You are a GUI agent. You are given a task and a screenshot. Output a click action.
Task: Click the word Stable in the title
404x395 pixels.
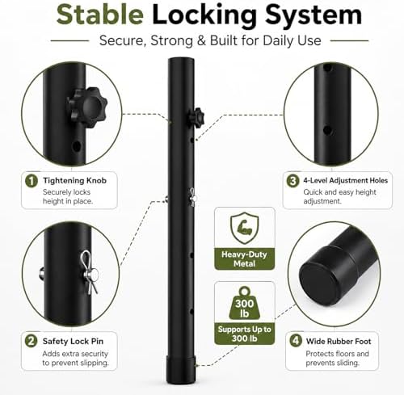pyautogui.click(x=99, y=15)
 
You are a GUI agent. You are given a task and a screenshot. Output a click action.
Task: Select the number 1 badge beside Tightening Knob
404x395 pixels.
pyautogui.click(x=32, y=181)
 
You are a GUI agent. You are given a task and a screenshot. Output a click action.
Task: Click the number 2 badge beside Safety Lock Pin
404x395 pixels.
pyautogui.click(x=32, y=342)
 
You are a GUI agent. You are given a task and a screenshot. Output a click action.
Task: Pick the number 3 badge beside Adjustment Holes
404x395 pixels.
pyautogui.click(x=292, y=181)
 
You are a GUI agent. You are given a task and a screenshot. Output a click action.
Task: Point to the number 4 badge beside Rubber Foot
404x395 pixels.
pyautogui.click(x=296, y=341)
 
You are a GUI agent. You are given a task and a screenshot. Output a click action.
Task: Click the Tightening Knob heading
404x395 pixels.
pyautogui.click(x=75, y=180)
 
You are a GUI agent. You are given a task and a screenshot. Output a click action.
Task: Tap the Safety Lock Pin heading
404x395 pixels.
pyautogui.click(x=73, y=342)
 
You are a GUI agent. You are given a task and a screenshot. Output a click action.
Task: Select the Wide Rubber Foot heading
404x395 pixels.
pyautogui.click(x=339, y=342)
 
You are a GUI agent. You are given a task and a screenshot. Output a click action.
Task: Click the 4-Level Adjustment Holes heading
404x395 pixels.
pyautogui.click(x=346, y=180)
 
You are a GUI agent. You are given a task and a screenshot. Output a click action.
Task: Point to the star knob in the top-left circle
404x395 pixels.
pyautogui.click(x=87, y=107)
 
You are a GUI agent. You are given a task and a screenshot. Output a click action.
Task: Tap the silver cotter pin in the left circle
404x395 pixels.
pyautogui.click(x=90, y=272)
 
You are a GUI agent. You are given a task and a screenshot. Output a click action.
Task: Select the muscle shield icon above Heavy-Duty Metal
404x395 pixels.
pyautogui.click(x=245, y=228)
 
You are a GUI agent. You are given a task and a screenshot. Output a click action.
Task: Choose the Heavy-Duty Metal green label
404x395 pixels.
pyautogui.click(x=244, y=259)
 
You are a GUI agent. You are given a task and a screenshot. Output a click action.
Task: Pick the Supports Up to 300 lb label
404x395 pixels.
pyautogui.click(x=245, y=334)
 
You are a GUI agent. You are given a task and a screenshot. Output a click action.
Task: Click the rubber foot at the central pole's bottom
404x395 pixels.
pyautogui.click(x=181, y=370)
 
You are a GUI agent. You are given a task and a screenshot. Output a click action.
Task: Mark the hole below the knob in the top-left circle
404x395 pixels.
pyautogui.click(x=77, y=147)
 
